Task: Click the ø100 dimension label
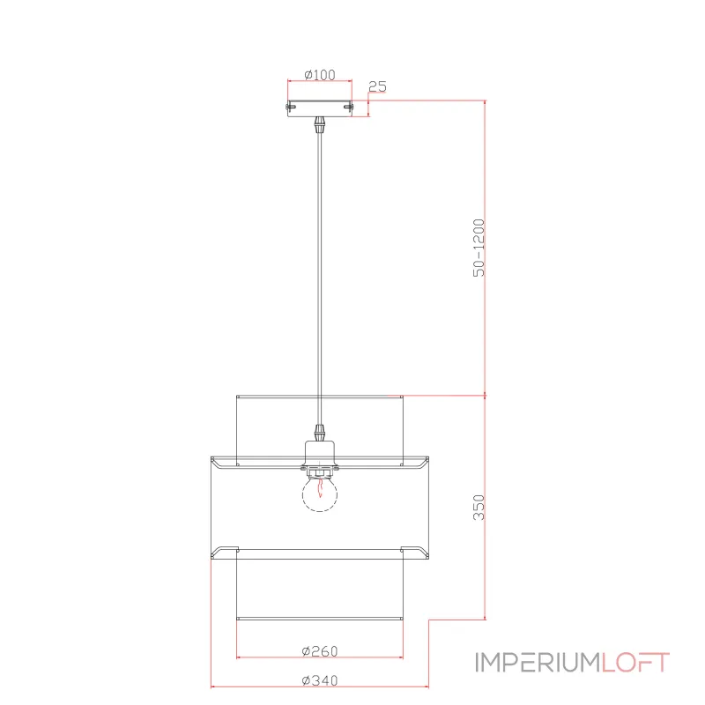click(x=320, y=75)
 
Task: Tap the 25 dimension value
click(x=377, y=86)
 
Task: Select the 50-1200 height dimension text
click(x=479, y=248)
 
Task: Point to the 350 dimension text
click(x=479, y=508)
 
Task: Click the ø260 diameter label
click(x=320, y=650)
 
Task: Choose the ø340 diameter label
click(x=320, y=680)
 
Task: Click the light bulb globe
click(x=320, y=494)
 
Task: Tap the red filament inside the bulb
click(x=320, y=488)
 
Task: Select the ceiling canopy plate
click(x=320, y=108)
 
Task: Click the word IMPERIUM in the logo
click(x=538, y=663)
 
